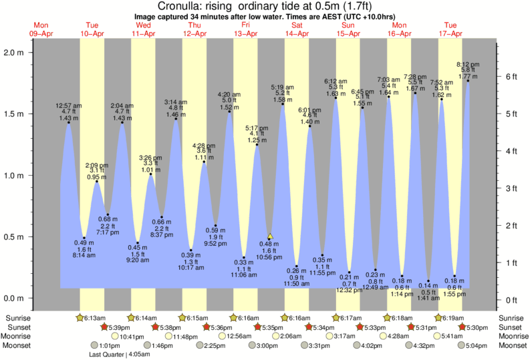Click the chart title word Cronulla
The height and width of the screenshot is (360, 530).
pos(177,7)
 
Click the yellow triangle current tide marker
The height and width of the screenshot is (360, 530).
pos(270,236)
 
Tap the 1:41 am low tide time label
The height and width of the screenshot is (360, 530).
pos(428,299)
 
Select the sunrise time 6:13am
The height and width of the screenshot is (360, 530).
pos(91,317)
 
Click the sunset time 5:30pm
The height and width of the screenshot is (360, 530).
pos(476,327)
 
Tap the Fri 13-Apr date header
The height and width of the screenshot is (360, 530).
pos(246,28)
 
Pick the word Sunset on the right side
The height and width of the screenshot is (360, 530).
pos(511,327)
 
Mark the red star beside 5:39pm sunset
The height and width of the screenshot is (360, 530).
pos(104,327)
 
